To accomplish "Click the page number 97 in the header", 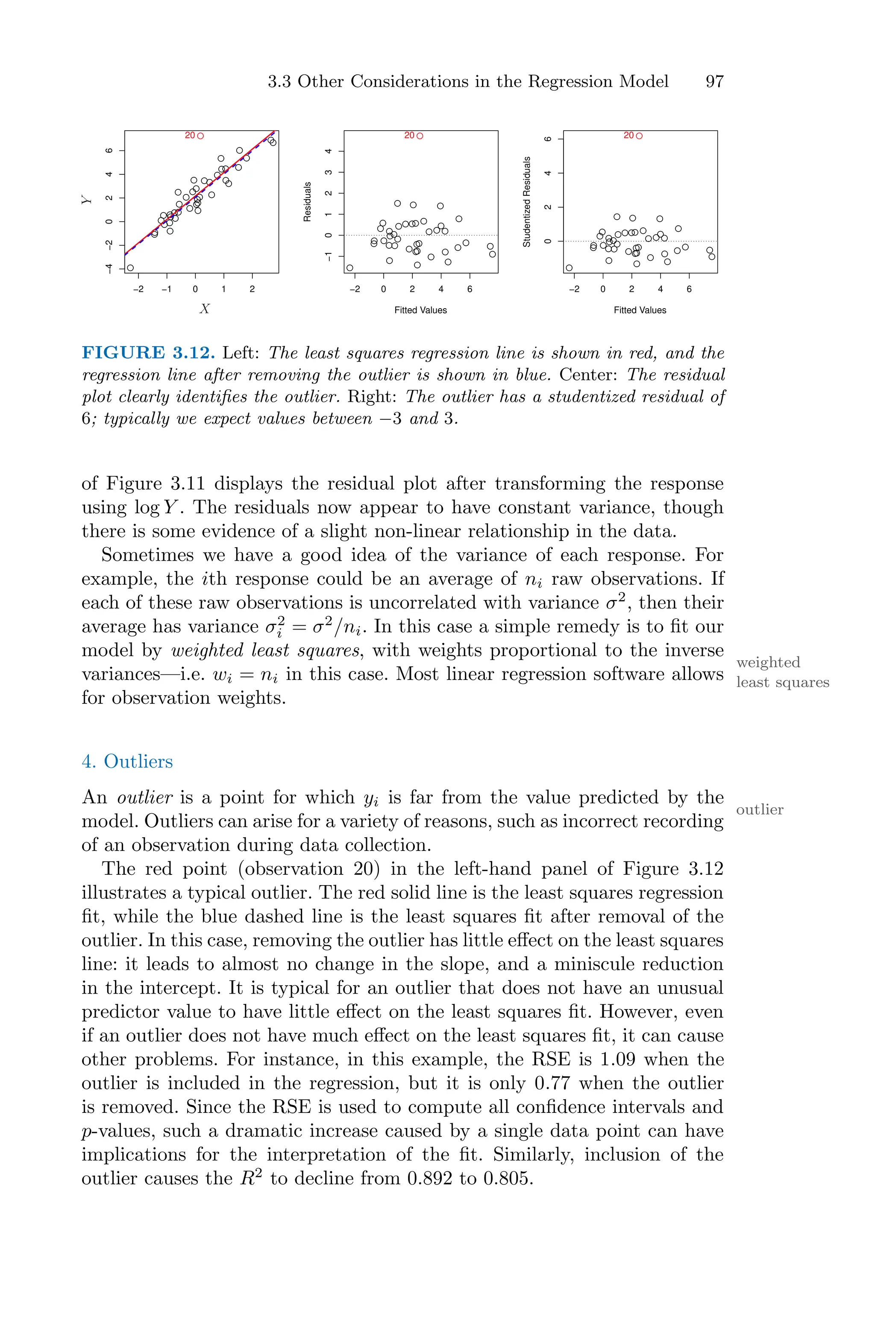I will point(714,82).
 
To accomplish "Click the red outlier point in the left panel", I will point(201,135).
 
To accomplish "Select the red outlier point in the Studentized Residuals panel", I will point(640,135).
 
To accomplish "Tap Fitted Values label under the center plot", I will point(420,310).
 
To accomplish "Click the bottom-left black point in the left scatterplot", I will point(130,268).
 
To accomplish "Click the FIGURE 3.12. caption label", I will point(148,353).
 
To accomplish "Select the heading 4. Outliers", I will point(127,762).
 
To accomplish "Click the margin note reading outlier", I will point(760,810).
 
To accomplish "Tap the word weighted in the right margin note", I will point(768,662).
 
